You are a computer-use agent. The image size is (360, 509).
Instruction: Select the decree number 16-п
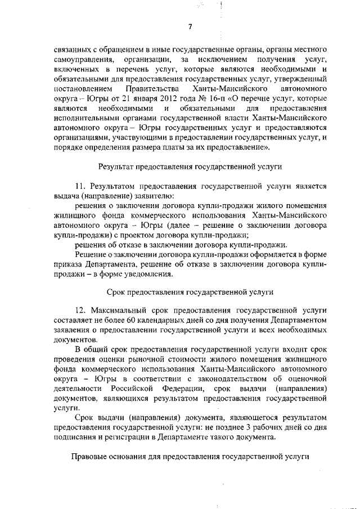[196, 98]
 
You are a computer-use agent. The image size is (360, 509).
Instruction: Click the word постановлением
[83, 89]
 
